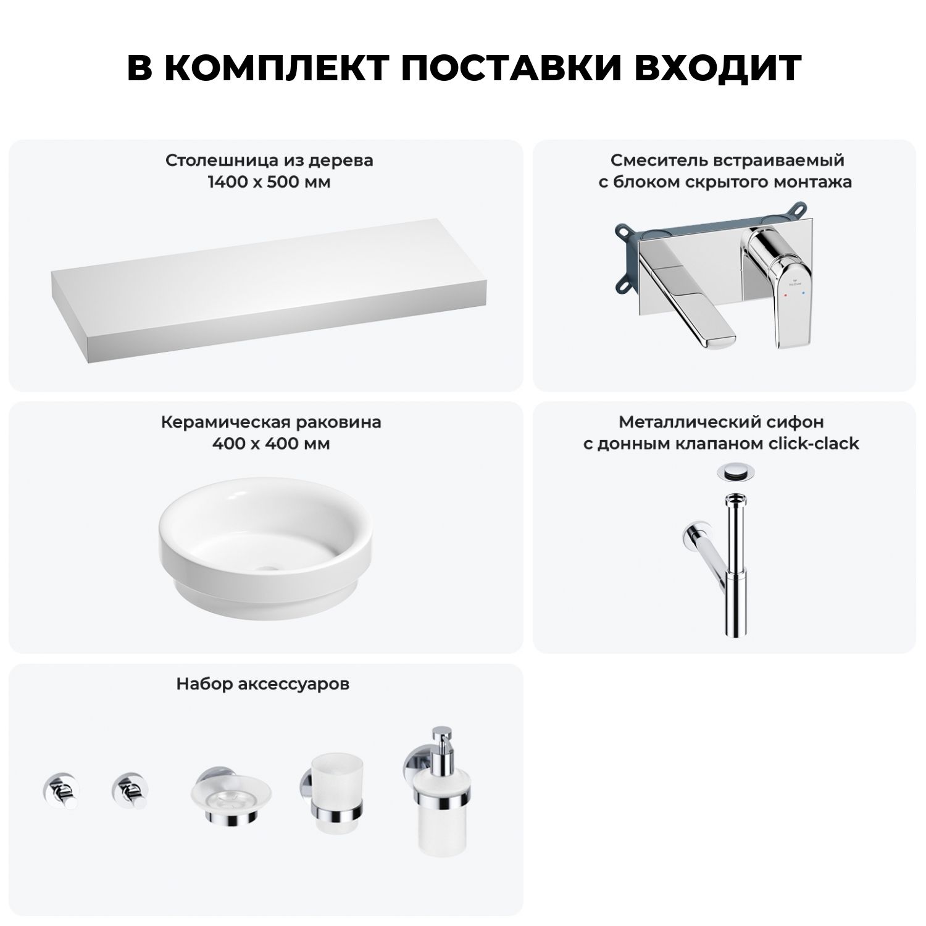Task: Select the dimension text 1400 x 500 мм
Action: (x=269, y=182)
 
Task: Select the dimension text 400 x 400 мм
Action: (x=270, y=444)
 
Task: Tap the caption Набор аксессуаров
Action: (x=263, y=684)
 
